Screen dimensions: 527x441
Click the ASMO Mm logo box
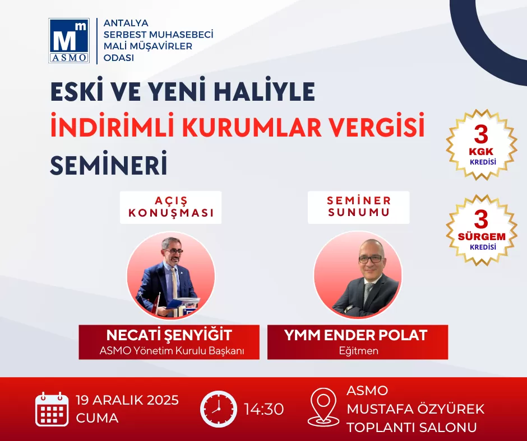coord(69,41)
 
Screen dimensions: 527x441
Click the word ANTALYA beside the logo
coord(126,23)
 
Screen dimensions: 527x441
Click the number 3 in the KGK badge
coord(481,134)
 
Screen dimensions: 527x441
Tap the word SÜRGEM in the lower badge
coord(482,236)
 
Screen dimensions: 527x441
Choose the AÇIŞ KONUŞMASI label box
coord(171,207)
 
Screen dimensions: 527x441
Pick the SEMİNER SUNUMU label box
coord(359,207)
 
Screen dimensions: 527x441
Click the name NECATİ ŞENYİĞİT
coord(169,335)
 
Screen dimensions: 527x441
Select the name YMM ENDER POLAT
coord(355,335)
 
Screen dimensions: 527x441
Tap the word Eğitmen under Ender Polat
coord(359,351)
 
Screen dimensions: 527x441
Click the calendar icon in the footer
coord(52,409)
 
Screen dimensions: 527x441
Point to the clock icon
coord(219,409)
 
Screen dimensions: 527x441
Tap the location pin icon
coord(323,407)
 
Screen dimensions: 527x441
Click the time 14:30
coord(264,409)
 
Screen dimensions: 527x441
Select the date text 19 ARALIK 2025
coord(127,400)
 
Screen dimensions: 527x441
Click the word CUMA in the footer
coord(97,418)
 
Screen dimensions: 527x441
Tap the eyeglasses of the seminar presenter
coord(371,259)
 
